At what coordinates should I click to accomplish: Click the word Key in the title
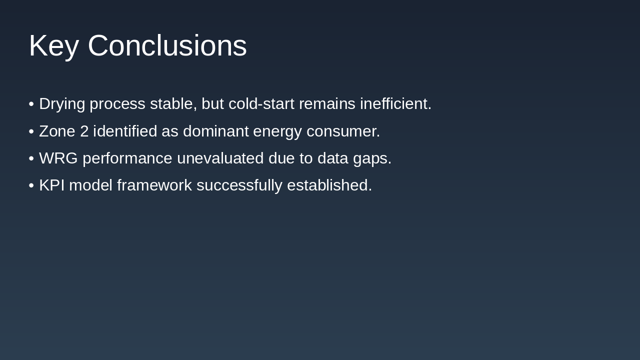coord(53,46)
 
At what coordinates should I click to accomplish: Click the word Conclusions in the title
coord(167,46)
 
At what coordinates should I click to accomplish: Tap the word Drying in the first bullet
coord(62,104)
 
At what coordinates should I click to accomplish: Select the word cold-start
coord(261,104)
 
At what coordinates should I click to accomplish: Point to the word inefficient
coord(395,104)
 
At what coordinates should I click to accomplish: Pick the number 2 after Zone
coord(84,131)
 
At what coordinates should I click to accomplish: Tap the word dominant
coord(215,131)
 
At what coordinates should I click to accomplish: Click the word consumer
coord(343,131)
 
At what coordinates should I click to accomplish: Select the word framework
coord(154,185)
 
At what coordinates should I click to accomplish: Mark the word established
coord(329,185)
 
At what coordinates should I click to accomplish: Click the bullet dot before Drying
coord(31,104)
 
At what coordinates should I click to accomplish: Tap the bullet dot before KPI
coord(31,185)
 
